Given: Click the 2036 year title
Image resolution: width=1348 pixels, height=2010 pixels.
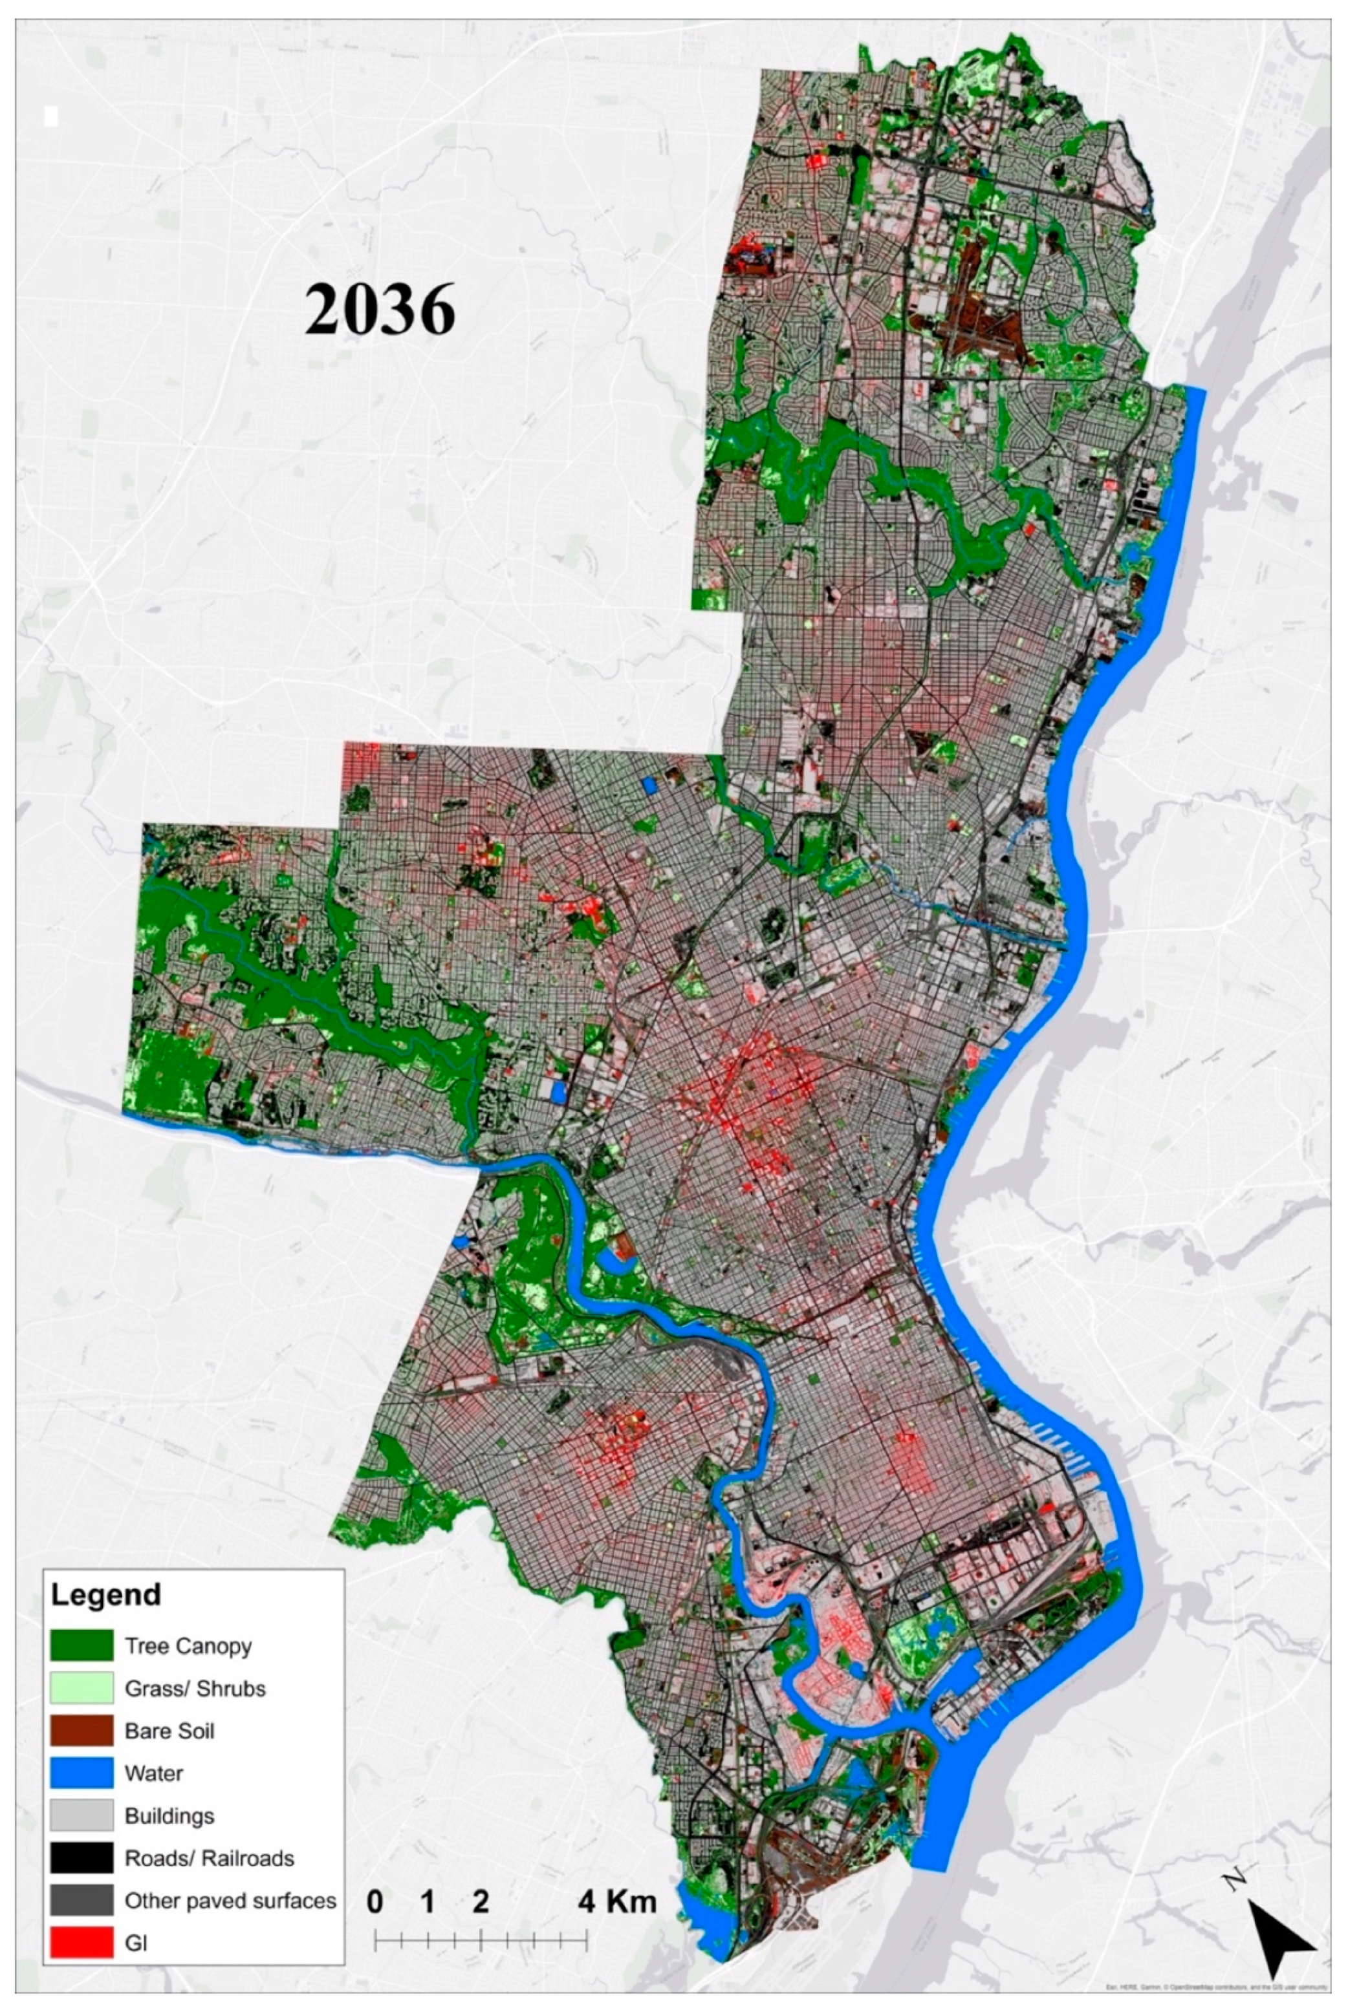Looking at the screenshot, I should click(379, 310).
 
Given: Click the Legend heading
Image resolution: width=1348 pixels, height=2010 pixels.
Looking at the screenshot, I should click(105, 1595).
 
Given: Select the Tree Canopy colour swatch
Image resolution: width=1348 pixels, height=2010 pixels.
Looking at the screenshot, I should click(82, 1645).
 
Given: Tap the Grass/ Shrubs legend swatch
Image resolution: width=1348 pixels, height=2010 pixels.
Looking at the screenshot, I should click(82, 1688).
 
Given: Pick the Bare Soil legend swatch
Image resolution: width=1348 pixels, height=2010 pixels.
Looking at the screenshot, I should click(82, 1731).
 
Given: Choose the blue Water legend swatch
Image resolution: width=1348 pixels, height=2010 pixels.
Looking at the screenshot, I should click(82, 1773).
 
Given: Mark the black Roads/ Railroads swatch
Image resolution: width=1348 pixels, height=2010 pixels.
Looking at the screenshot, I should click(82, 1858).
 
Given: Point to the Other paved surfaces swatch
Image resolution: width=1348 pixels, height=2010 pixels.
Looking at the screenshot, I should click(82, 1900).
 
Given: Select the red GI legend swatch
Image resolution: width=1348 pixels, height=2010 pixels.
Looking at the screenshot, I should click(82, 1942).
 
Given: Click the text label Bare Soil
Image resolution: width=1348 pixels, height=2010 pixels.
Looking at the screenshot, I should click(169, 1731).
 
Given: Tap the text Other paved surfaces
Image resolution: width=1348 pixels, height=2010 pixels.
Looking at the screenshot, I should click(230, 1900).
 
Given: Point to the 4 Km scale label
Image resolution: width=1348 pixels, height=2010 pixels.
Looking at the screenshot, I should click(617, 1901).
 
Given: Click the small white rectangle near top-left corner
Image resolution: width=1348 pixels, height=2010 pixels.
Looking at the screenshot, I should click(50, 116).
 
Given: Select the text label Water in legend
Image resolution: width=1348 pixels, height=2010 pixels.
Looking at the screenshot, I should click(153, 1773).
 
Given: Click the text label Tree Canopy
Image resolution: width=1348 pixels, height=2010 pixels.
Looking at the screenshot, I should click(188, 1645).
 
